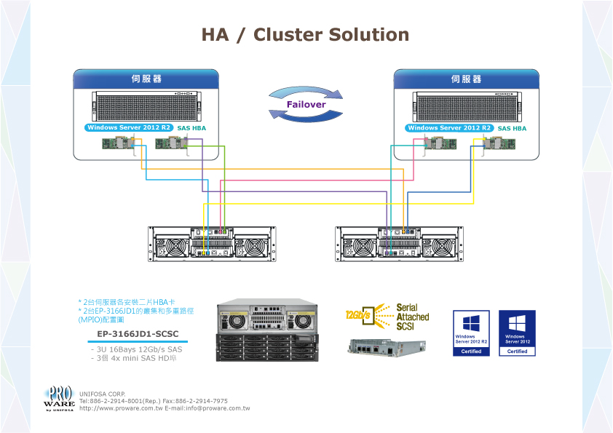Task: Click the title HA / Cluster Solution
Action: point(305,35)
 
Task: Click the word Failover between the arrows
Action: point(306,104)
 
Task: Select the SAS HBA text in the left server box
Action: point(192,128)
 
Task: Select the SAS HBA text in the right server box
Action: point(512,128)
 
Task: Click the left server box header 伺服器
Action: point(146,79)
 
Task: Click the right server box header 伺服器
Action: point(466,79)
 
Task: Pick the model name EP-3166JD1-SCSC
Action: point(133,335)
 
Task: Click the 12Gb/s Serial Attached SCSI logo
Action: point(387,317)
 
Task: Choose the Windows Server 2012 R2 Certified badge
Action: point(471,333)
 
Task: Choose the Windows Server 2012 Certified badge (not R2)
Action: point(517,333)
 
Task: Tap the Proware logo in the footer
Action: point(59,397)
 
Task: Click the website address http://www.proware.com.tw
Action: point(120,408)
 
